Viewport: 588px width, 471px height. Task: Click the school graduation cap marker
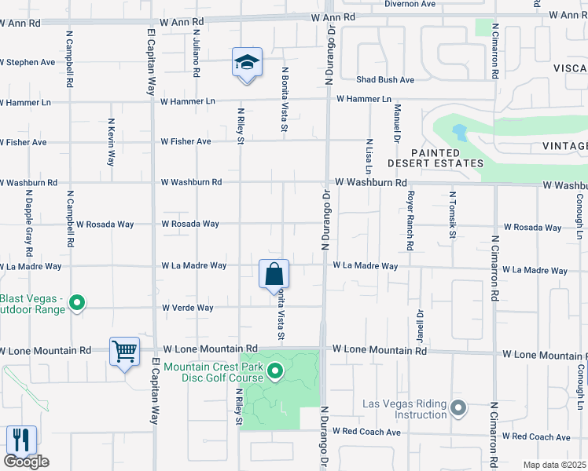tap(247, 64)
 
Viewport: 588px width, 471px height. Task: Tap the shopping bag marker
tap(274, 275)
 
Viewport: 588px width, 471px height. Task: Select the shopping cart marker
tap(125, 352)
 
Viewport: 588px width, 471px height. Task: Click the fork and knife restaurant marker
tap(21, 440)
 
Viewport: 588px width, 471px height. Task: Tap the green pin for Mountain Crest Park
tap(275, 371)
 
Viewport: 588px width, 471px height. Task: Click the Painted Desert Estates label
tap(435, 158)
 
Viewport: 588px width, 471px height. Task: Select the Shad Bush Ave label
tap(385, 80)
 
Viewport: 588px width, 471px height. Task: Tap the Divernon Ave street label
tap(410, 4)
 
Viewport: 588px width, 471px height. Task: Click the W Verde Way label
tap(187, 308)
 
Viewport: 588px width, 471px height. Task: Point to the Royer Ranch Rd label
tap(410, 222)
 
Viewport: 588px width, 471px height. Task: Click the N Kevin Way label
tap(111, 142)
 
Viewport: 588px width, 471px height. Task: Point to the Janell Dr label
tap(421, 324)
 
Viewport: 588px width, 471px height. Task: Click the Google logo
tap(27, 462)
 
